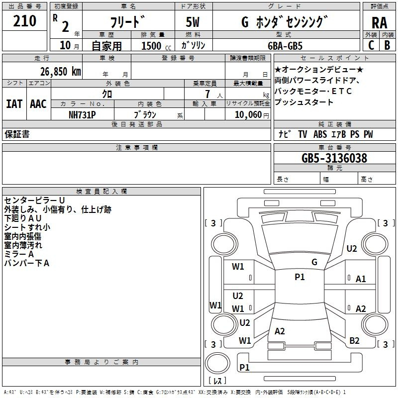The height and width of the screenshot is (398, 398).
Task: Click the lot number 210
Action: point(25,21)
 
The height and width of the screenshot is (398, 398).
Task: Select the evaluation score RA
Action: point(379,22)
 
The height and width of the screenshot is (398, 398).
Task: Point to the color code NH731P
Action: point(83,114)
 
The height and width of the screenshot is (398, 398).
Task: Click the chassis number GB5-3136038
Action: point(334,159)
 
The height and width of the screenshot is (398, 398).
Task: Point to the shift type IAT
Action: point(14,104)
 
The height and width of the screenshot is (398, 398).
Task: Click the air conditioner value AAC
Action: point(38,104)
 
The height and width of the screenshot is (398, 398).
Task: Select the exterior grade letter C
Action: point(370,45)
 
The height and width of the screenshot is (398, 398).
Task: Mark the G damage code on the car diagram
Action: point(314,262)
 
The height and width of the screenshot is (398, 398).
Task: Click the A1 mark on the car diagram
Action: point(361,279)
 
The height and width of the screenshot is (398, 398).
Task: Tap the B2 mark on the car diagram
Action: point(354,341)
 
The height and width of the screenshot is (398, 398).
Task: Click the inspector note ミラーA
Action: point(19,254)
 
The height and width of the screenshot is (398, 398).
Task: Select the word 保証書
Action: point(17,134)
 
